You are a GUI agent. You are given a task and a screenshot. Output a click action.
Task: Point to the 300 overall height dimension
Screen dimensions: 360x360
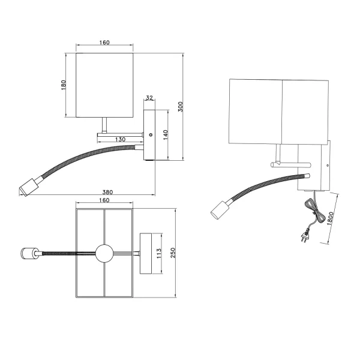point(180,106)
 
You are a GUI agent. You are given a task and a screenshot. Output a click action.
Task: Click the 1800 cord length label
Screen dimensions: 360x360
point(330,220)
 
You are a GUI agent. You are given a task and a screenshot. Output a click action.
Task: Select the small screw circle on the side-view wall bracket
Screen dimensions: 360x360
point(151,136)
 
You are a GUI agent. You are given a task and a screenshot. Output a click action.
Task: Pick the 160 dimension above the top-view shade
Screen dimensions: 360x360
point(104,200)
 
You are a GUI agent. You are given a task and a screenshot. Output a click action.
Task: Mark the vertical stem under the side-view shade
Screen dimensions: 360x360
point(105,125)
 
